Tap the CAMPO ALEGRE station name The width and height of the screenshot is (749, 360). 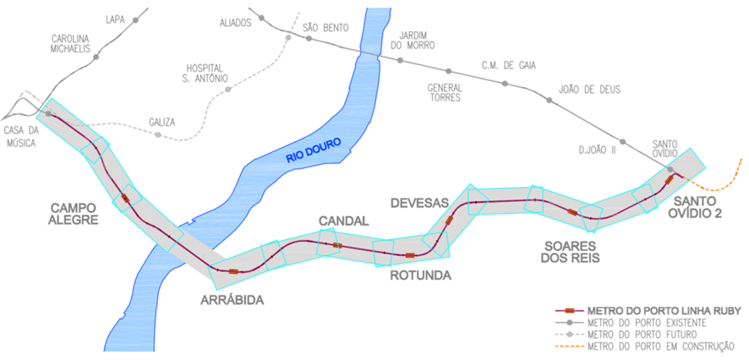(x=74, y=213)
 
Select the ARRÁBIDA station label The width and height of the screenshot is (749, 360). (x=232, y=300)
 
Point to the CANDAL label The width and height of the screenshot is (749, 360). (x=343, y=221)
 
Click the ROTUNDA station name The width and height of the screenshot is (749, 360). (x=420, y=275)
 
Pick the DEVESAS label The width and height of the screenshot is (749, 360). (x=418, y=202)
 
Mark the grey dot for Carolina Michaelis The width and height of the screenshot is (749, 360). (x=96, y=57)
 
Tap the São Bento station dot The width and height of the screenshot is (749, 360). (x=296, y=38)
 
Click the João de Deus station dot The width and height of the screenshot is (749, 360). (x=549, y=101)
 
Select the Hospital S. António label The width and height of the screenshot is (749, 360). (x=206, y=74)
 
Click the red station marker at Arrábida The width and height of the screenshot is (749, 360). (x=232, y=271)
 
